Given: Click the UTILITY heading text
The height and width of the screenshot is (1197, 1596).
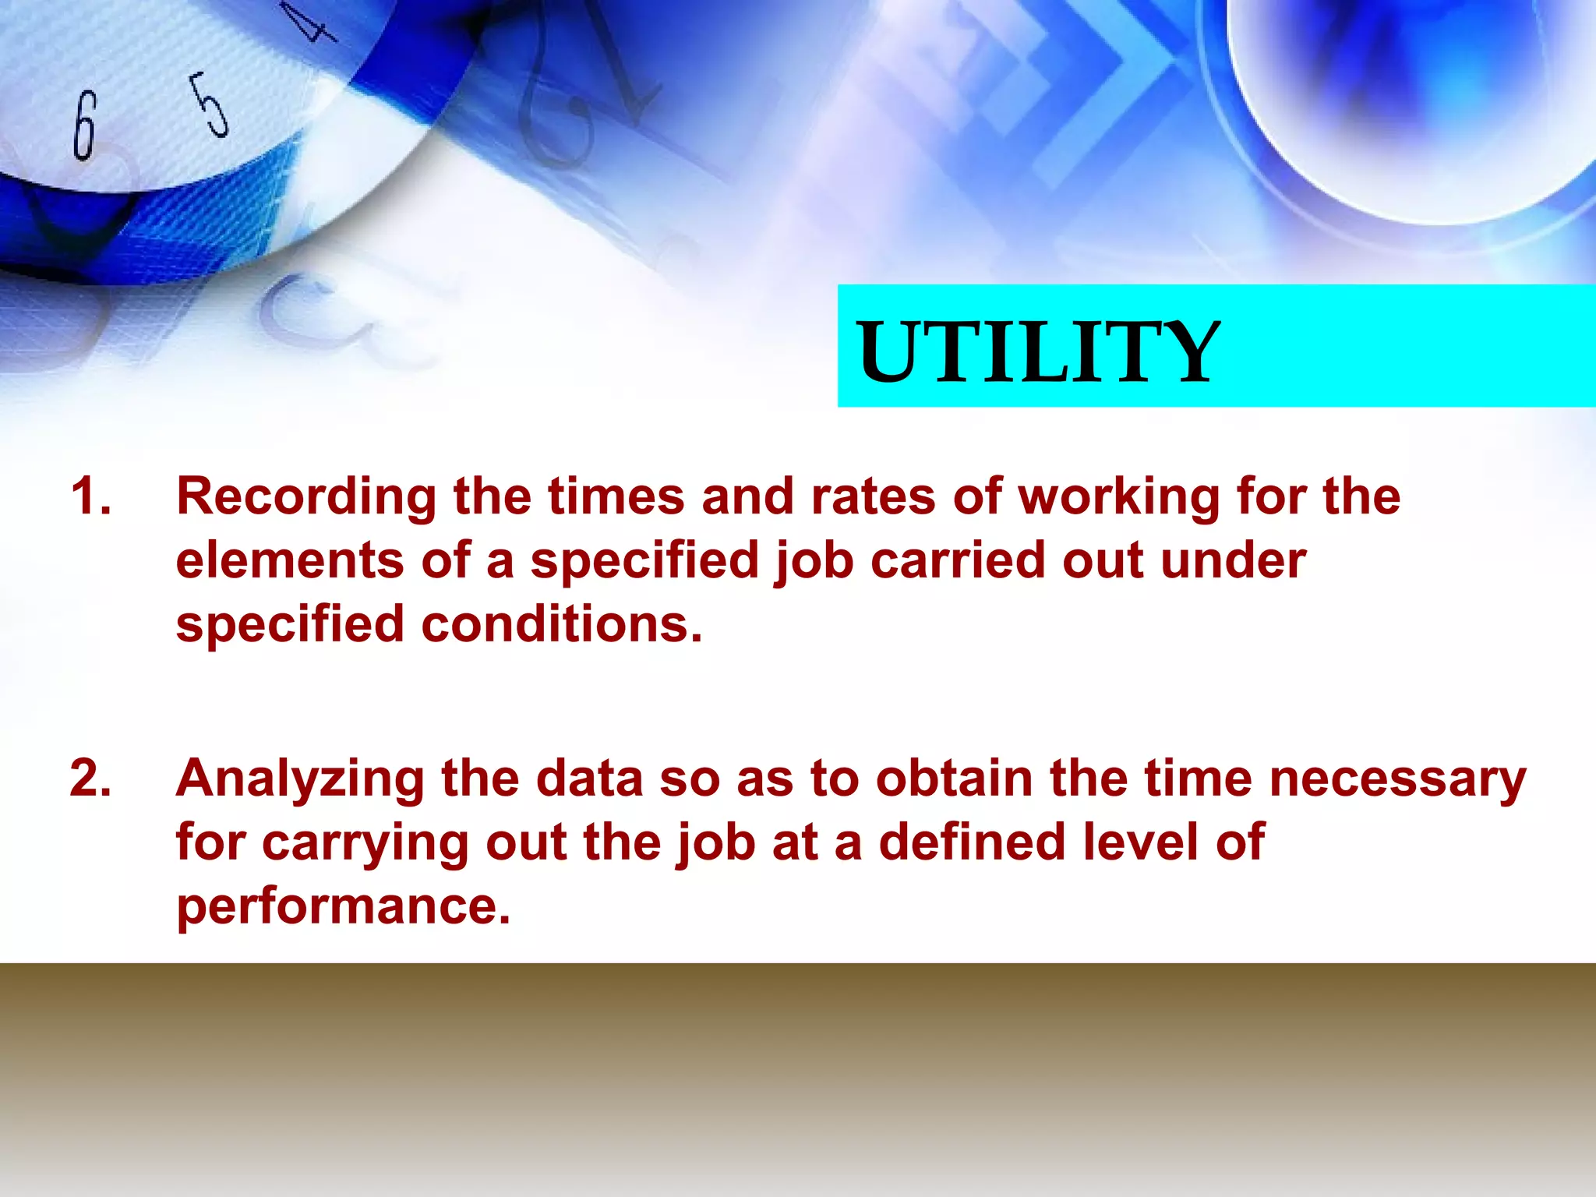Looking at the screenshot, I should pyautogui.click(x=1037, y=352).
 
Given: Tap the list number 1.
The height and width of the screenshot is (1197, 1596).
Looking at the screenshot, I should pyautogui.click(x=90, y=496).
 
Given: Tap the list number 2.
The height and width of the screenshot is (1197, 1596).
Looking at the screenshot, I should pyautogui.click(x=90, y=779).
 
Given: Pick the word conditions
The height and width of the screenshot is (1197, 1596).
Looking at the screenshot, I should pyautogui.click(x=561, y=625).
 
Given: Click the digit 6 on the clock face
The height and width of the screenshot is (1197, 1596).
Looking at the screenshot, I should pyautogui.click(x=84, y=125).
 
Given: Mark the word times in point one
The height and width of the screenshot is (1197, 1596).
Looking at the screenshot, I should pyautogui.click(x=616, y=497).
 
